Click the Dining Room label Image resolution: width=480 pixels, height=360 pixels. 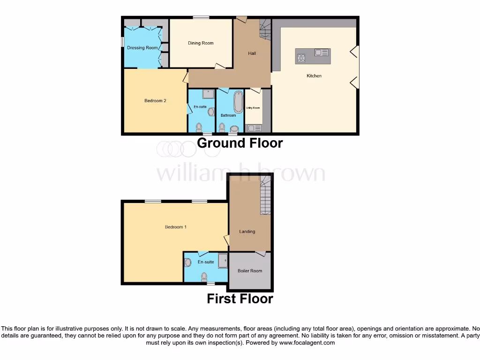pyautogui.click(x=201, y=43)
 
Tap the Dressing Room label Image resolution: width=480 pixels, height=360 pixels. pyautogui.click(x=142, y=48)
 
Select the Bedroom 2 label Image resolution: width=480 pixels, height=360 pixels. pyautogui.click(x=155, y=101)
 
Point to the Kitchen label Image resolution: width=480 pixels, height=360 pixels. pyautogui.click(x=314, y=76)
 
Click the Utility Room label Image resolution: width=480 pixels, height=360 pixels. pyautogui.click(x=253, y=108)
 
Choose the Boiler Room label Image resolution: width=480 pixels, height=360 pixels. pyautogui.click(x=250, y=271)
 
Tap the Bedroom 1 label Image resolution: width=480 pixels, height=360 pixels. pyautogui.click(x=176, y=227)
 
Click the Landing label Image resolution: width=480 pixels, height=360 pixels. pyautogui.click(x=247, y=232)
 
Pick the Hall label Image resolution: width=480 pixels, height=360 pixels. pyautogui.click(x=252, y=53)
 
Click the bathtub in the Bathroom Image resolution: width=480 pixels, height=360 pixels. pyautogui.click(x=239, y=102)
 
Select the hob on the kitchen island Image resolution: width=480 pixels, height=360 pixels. pyautogui.click(x=301, y=58)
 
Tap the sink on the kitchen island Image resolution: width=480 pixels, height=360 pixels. pyautogui.click(x=322, y=53)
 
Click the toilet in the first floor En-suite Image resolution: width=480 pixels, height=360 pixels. pyautogui.click(x=204, y=277)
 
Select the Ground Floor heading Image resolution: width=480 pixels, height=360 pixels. pyautogui.click(x=240, y=143)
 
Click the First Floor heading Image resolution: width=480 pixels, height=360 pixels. pyautogui.click(x=240, y=299)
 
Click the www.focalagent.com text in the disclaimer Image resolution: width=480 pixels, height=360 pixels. pyautogui.click(x=307, y=343)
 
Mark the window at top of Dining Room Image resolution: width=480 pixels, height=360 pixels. pyautogui.click(x=201, y=18)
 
